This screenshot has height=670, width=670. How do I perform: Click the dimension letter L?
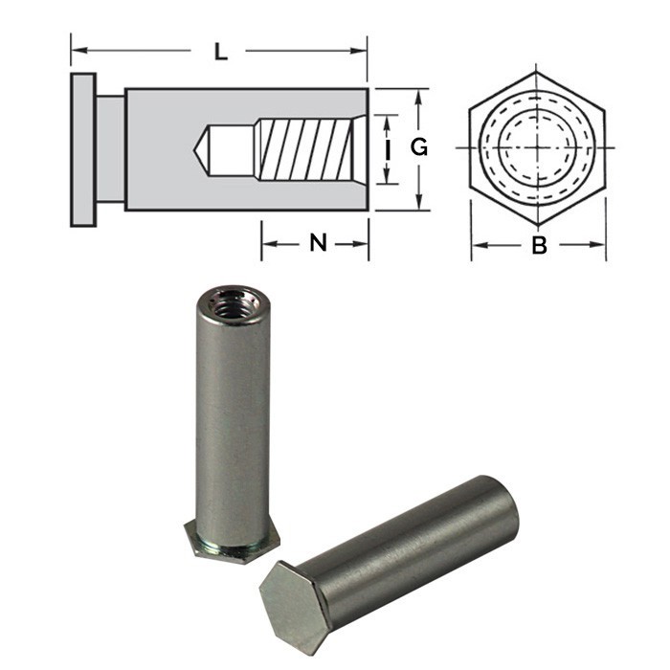coord(221,52)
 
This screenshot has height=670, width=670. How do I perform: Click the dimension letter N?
coord(318,243)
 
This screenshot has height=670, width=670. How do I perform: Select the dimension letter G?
coord(418,148)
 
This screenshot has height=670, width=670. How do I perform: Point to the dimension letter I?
coord(388,148)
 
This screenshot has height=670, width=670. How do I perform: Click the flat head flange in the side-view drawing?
coord(82,148)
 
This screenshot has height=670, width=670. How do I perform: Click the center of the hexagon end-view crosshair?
coord(537,148)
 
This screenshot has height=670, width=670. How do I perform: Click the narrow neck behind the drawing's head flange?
coord(110,148)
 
